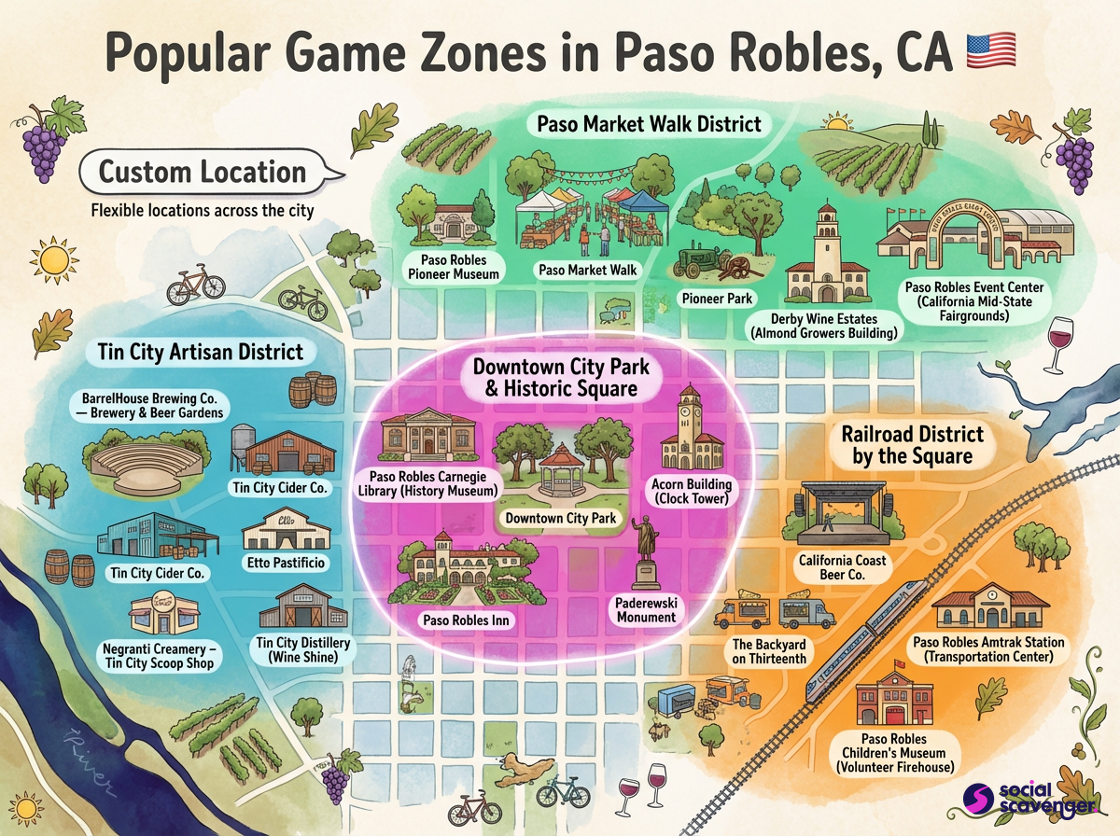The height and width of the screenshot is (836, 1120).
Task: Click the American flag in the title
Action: [x=990, y=51]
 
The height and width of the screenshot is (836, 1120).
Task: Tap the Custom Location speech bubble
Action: [x=203, y=172]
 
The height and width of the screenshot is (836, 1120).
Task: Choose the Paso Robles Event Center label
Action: [x=974, y=301]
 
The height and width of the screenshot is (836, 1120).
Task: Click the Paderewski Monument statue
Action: [x=645, y=550]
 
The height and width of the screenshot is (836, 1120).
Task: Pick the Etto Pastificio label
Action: [x=287, y=563]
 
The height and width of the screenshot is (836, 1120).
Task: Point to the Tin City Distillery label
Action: [x=301, y=649]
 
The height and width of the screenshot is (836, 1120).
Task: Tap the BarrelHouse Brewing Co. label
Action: [x=149, y=404]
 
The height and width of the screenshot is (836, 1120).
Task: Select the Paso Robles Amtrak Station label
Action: [x=987, y=649]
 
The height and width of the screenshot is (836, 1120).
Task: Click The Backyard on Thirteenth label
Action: [x=769, y=651]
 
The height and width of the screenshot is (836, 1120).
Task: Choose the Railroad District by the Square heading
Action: [x=912, y=445]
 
